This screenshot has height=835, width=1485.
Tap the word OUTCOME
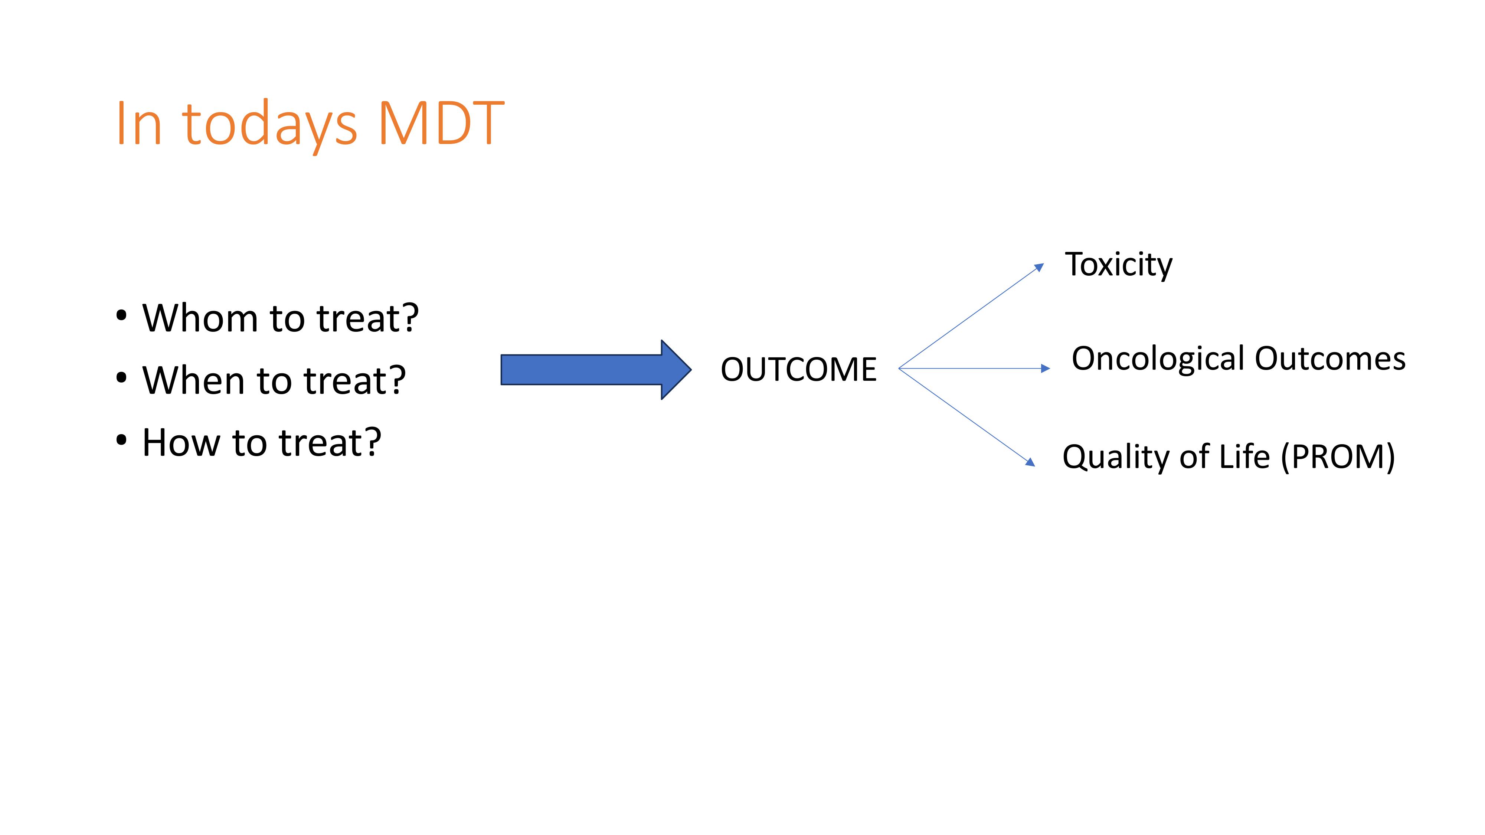798,369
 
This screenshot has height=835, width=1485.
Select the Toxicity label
1118,265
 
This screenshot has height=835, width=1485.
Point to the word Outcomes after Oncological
1330,358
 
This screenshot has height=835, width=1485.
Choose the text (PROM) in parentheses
1337,457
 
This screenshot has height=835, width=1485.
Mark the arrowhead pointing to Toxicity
1039,267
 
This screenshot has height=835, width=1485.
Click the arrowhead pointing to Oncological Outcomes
1046,368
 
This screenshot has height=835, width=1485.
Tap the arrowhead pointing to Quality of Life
1031,462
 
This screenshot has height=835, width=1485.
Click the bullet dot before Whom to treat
121,316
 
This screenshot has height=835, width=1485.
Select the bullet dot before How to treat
121,440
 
